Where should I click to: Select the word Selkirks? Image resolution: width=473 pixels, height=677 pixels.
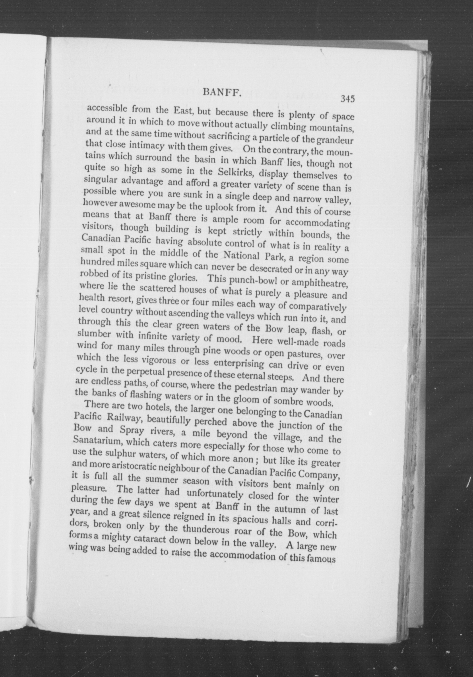pyautogui.click(x=238, y=172)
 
